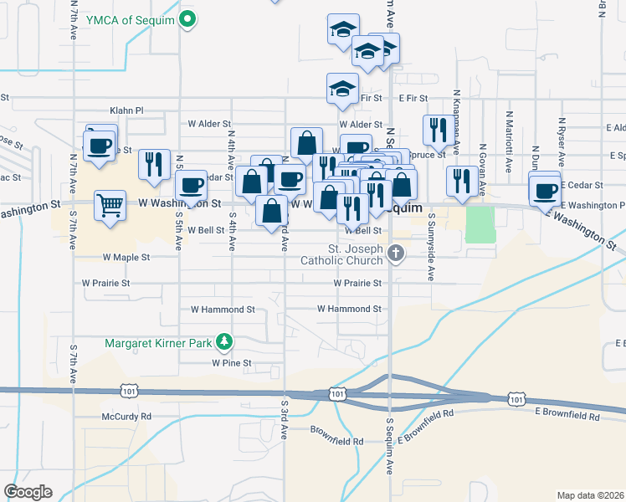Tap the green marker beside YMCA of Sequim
point(188,19)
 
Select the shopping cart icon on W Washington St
point(110,204)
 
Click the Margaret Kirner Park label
point(158,342)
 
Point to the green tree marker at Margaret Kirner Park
point(223,341)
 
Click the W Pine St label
point(231,363)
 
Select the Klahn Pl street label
point(127,110)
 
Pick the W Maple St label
point(126,258)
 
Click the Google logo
point(28,492)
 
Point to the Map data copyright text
point(589,494)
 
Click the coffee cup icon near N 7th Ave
point(100,145)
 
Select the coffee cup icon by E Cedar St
point(545,190)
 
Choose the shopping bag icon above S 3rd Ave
point(272,213)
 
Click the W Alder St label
point(209,124)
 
